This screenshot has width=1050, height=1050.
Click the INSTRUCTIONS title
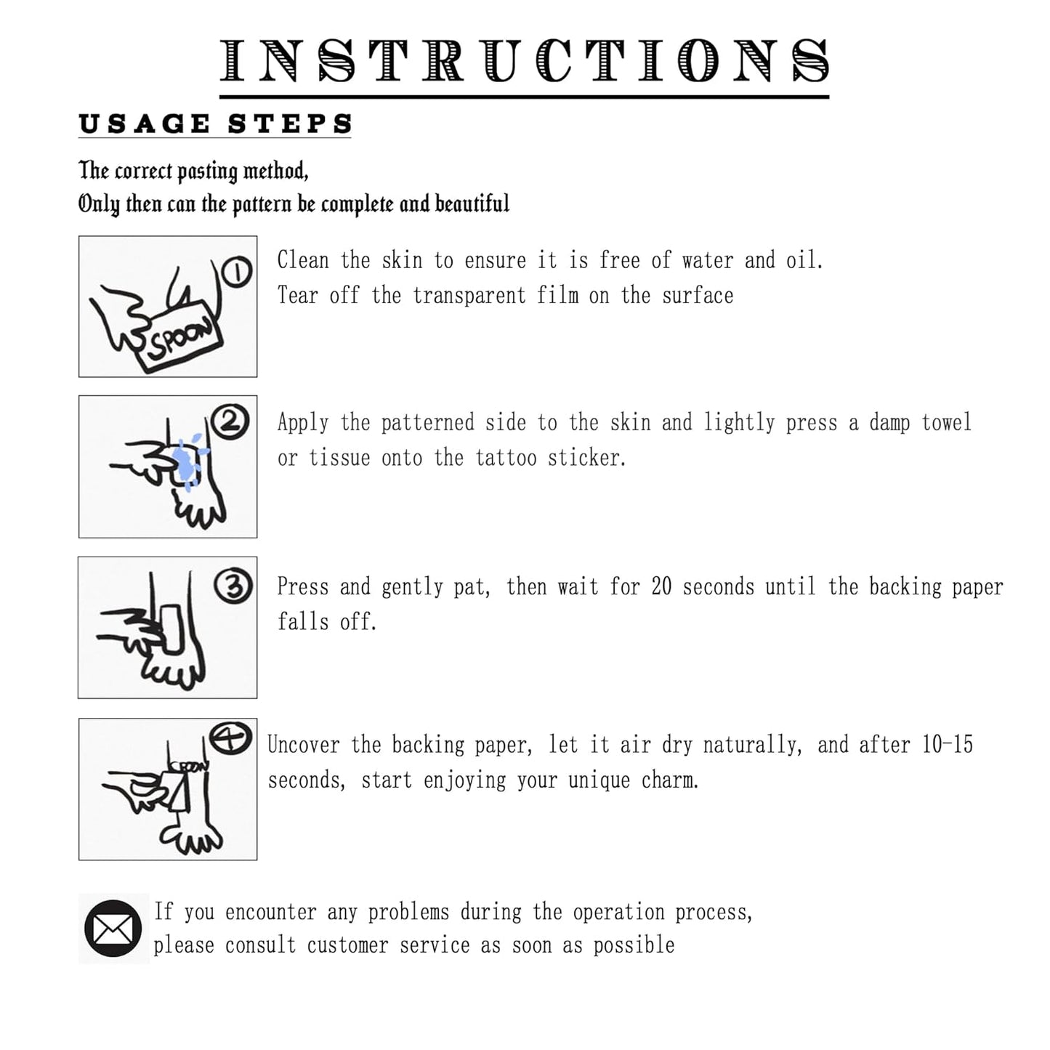tap(524, 61)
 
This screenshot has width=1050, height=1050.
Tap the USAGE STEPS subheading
tap(215, 124)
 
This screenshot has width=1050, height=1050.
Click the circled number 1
tap(236, 272)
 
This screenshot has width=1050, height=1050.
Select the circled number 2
tap(230, 421)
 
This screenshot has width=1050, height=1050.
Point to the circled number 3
tap(233, 586)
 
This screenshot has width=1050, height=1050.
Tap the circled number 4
tap(231, 739)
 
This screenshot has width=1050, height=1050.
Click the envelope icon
tap(113, 929)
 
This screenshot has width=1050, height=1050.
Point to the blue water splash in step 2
tap(189, 461)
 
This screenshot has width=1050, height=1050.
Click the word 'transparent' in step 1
tap(469, 296)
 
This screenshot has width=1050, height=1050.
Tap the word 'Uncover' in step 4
tap(304, 744)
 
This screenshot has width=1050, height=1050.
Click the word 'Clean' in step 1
tap(303, 260)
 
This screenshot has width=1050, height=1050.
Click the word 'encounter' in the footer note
tap(271, 913)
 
